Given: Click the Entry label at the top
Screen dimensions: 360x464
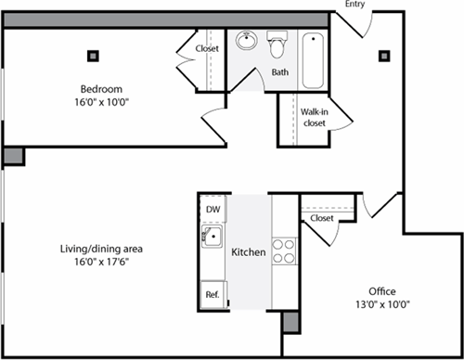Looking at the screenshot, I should point(354,6).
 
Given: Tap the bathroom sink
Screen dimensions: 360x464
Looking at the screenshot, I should point(247,42).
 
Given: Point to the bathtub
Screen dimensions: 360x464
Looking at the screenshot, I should point(313,58).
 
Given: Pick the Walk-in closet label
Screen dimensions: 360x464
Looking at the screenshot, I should point(315,117).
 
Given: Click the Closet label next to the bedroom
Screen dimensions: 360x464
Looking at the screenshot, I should point(207,49).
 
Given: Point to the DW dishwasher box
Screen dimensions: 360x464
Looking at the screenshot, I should point(213,210).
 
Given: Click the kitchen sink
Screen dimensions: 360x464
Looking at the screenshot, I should point(213,238).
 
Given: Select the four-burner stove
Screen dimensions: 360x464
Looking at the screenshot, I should point(283,251).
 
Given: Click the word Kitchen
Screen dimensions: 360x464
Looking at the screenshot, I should point(249,252).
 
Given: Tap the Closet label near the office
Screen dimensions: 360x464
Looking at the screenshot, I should point(322,218).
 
